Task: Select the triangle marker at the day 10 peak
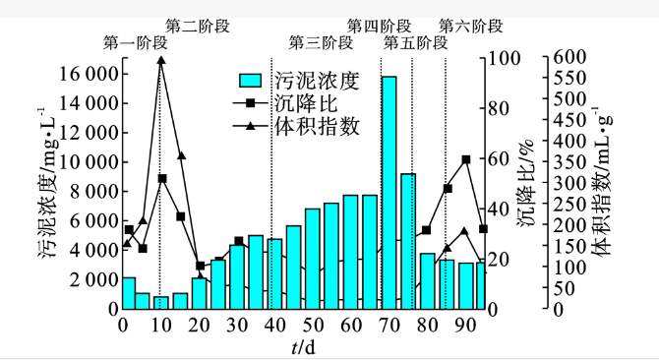pos(161,60)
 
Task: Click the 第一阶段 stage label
pos(135,43)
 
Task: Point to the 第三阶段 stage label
pos(320,43)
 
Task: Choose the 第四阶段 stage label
pos(379,26)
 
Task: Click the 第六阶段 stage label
pos(470,26)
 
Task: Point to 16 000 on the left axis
pos(90,74)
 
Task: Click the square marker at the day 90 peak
pos(466,159)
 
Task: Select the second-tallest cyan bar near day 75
pos(408,241)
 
